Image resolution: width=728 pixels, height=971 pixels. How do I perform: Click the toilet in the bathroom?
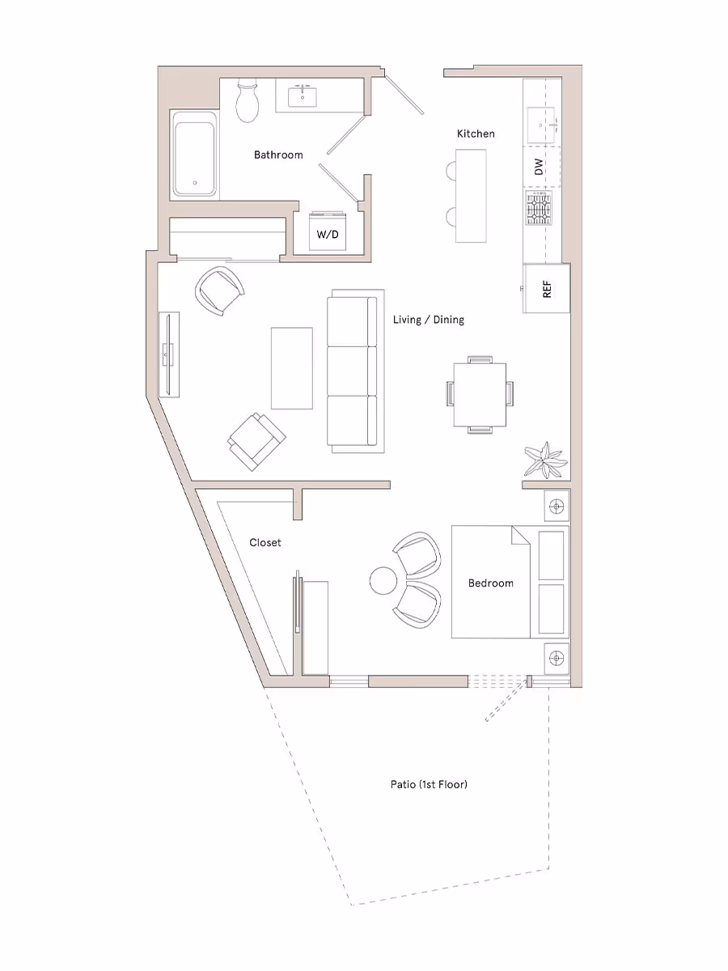point(248,100)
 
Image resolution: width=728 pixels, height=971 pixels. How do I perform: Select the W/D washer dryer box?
point(328,234)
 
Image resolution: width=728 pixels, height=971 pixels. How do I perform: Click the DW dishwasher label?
point(539,167)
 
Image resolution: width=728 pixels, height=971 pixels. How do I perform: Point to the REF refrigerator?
point(547,288)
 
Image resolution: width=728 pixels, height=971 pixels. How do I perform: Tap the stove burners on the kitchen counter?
point(540,210)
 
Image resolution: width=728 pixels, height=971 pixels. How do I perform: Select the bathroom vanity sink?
point(306,96)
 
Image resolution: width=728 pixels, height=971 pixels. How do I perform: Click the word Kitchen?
point(476,134)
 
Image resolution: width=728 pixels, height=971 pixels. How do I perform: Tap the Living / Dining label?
point(429,320)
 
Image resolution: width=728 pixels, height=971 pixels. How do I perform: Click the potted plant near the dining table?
point(544,460)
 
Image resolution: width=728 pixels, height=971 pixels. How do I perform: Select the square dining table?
point(480,394)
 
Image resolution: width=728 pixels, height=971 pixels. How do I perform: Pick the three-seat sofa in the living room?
point(353,371)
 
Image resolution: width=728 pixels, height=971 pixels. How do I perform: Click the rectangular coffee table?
point(291,368)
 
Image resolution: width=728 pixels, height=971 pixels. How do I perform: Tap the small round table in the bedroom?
point(383,580)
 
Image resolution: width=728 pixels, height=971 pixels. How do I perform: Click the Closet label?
point(265,543)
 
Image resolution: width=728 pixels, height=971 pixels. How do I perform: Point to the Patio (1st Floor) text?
point(429,784)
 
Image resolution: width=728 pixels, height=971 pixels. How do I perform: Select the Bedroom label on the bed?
point(490,583)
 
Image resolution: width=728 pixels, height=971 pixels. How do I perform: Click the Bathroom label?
point(278,155)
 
